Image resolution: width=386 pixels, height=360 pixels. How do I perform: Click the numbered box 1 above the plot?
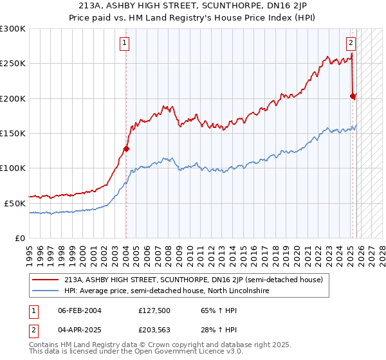pyautogui.click(x=124, y=44)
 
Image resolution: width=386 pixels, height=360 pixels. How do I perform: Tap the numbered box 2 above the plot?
pyautogui.click(x=351, y=44)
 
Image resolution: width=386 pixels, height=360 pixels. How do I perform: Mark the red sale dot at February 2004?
pyautogui.click(x=126, y=149)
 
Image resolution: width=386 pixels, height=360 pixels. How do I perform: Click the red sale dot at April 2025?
pyautogui.click(x=353, y=96)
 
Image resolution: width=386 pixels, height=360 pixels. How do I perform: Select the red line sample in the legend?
pyautogui.click(x=46, y=280)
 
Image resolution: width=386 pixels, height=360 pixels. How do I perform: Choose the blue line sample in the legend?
pyautogui.click(x=46, y=291)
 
